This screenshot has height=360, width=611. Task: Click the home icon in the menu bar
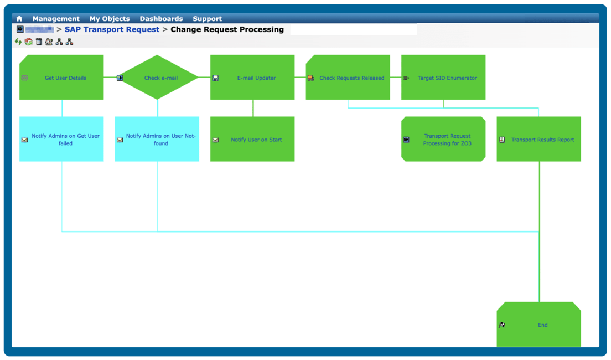pos(19,19)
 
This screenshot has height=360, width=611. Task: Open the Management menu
pos(56,19)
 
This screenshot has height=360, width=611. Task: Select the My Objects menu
pos(110,19)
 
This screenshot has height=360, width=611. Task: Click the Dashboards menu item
pos(161,19)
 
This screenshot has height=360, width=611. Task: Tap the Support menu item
pos(207,19)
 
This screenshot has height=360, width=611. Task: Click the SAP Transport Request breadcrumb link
pos(112,29)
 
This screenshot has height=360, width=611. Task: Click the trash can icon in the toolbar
pos(39,42)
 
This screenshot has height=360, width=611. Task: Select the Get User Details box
pos(61,78)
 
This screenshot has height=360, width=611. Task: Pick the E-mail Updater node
pos(252,78)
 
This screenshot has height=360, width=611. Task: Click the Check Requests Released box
pos(348,78)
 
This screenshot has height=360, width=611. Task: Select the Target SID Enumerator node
pos(443,78)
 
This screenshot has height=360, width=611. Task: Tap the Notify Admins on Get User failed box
pos(61,139)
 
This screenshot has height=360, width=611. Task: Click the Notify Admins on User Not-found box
pos(157,139)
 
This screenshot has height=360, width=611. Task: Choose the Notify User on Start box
pos(252,139)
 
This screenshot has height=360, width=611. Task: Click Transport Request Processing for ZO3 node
pos(443,139)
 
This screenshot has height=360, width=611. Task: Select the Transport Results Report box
pos(539,139)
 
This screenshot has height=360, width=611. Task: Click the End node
pos(539,325)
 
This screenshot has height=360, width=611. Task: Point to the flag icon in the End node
pos(502,325)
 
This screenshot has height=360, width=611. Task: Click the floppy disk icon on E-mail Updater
pos(215,78)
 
